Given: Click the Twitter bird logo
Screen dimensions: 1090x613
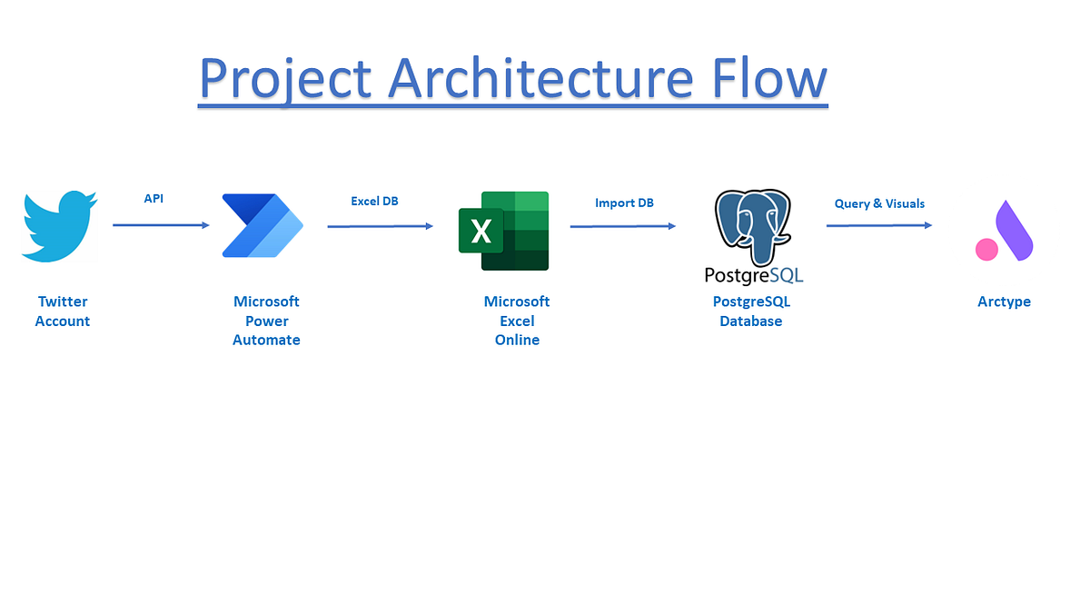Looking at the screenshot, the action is coord(59,226).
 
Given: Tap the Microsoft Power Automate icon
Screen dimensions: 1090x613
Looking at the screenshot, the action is coord(263,225).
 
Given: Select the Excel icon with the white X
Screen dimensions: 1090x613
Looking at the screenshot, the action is coord(503,231).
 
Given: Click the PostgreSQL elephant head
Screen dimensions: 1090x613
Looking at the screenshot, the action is coord(753,226).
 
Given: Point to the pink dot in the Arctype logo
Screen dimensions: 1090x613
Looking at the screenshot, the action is coord(986,250).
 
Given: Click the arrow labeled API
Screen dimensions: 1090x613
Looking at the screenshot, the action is coord(161,225).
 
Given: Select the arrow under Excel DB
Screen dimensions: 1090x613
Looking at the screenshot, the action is coord(380,226).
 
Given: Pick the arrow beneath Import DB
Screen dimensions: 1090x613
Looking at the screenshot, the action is coord(623,226).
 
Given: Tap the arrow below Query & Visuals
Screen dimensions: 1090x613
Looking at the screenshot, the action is coord(879,225).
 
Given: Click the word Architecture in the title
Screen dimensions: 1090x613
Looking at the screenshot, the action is coord(540,78).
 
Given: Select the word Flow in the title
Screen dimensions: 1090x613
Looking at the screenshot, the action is coord(769,78).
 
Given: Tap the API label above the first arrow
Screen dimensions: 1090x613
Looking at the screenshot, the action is coord(154,199).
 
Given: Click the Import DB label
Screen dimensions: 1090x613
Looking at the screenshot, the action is coord(624,203).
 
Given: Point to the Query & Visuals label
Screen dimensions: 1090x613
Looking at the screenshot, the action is coord(879,203).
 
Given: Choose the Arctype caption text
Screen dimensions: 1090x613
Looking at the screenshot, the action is coord(1004,302).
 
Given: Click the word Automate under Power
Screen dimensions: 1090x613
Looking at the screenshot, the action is coord(266,340).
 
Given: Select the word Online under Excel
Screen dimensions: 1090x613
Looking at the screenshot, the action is coord(517,340).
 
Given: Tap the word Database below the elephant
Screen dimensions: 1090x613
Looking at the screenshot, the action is coord(751,321).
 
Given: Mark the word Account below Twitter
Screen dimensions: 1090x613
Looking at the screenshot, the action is coord(63,321).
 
